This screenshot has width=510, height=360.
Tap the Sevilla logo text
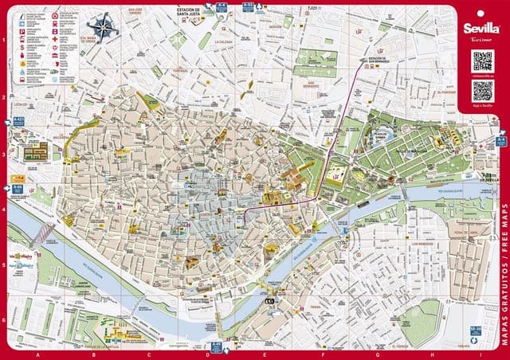click(481, 27)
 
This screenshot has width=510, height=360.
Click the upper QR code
click(482, 60)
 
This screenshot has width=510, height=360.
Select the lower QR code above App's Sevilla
click(482, 90)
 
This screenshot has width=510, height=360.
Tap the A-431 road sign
click(18, 121)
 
